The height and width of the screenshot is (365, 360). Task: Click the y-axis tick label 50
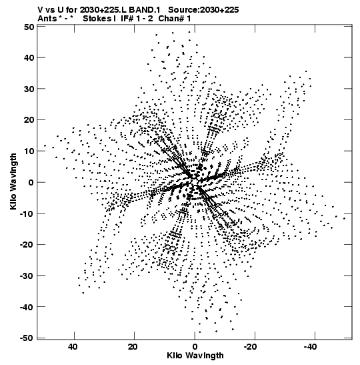pyautogui.click(x=29, y=27)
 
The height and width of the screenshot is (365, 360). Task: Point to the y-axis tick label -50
pyautogui.click(x=27, y=338)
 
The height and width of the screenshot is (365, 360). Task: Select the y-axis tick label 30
pyautogui.click(x=29, y=89)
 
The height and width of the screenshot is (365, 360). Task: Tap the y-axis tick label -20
pyautogui.click(x=27, y=244)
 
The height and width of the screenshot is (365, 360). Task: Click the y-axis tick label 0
pyautogui.click(x=31, y=182)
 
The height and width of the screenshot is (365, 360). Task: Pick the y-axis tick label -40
pyautogui.click(x=27, y=307)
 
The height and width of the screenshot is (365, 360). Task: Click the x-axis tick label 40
pyautogui.click(x=73, y=347)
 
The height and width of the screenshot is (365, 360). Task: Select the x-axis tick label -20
pyautogui.click(x=251, y=347)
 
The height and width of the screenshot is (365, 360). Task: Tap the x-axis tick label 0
pyautogui.click(x=195, y=347)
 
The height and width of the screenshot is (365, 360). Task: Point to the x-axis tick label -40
pyautogui.click(x=311, y=347)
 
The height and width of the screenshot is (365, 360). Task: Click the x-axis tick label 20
pyautogui.click(x=133, y=347)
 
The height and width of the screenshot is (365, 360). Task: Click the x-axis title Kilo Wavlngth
pyautogui.click(x=195, y=356)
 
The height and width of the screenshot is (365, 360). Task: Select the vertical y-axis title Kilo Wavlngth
pyautogui.click(x=13, y=181)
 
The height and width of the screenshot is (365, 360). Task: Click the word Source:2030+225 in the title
pyautogui.click(x=203, y=10)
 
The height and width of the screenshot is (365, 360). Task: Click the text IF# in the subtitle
pyautogui.click(x=127, y=19)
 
